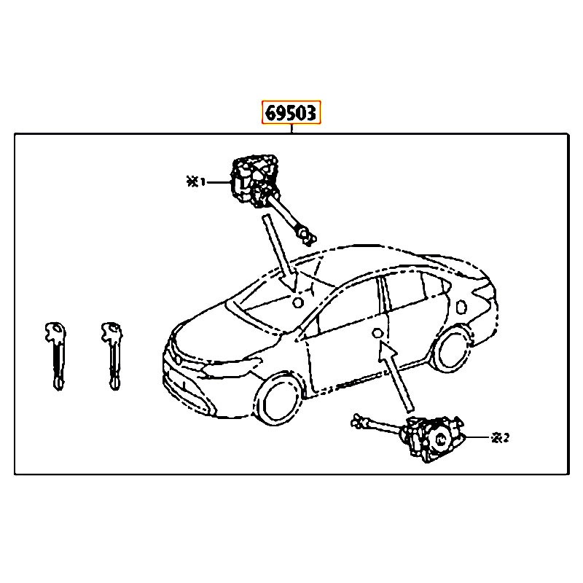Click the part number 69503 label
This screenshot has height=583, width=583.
(x=291, y=112)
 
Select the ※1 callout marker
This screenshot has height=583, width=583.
(x=195, y=182)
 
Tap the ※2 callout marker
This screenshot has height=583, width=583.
(x=500, y=438)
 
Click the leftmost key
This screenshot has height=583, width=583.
(x=56, y=356)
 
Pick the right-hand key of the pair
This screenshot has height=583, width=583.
(x=112, y=356)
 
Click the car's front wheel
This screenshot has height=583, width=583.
(x=279, y=399)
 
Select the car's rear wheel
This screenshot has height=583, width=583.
(x=453, y=348)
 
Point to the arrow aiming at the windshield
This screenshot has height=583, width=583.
(x=280, y=253)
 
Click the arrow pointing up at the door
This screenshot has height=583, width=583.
(x=396, y=376)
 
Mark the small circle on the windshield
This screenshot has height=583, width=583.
(x=298, y=302)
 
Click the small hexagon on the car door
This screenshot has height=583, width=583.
(x=377, y=333)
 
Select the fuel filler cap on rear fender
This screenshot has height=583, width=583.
(x=461, y=307)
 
